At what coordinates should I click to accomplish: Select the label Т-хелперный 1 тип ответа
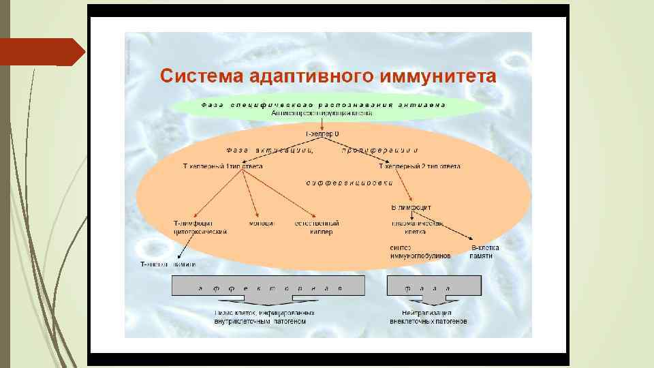[x=223, y=166]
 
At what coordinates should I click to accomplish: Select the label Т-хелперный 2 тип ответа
[x=419, y=166]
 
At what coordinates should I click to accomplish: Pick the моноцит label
[x=262, y=224]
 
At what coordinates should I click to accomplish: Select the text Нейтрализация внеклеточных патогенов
[x=429, y=316]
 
